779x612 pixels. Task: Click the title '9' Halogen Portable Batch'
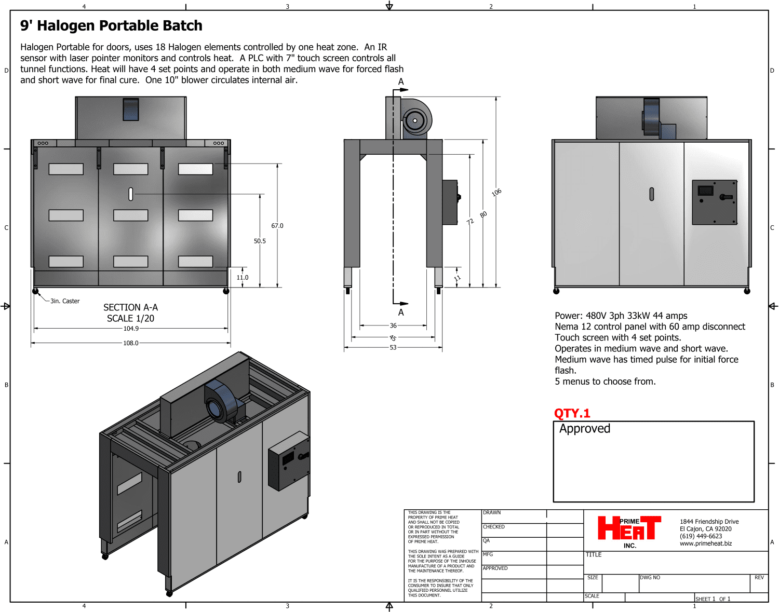(111, 25)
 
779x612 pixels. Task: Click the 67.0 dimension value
(277, 226)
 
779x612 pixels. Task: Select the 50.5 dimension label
(260, 241)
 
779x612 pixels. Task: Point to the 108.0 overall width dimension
(131, 343)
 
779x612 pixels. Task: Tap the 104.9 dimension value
(131, 329)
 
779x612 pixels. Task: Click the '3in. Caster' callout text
(65, 301)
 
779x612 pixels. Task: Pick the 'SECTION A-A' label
(130, 307)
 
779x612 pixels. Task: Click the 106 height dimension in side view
(496, 193)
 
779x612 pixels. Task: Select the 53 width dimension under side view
(393, 348)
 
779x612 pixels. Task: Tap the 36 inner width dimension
(393, 325)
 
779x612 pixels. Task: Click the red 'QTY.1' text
(572, 413)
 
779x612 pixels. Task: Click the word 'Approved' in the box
(585, 429)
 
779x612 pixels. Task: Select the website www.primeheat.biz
(706, 543)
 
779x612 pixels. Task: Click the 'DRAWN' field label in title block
(492, 513)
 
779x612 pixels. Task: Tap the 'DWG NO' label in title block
(650, 578)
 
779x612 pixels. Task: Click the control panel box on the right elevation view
(715, 202)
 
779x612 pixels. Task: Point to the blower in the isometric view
(221, 402)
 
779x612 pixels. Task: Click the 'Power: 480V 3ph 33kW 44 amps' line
(621, 316)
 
